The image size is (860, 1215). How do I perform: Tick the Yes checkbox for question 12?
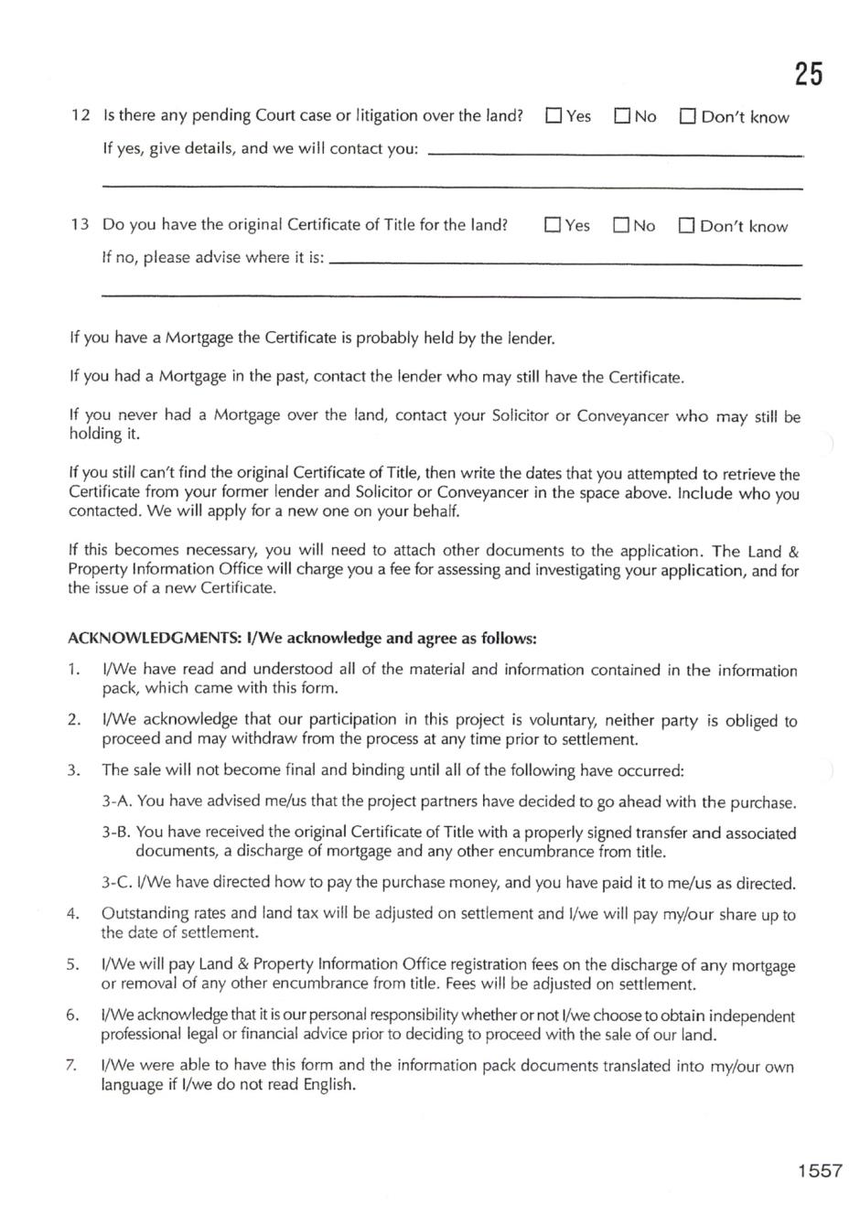coord(554,116)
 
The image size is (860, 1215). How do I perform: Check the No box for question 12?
coord(622,116)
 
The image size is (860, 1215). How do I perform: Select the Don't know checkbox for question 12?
coord(687,116)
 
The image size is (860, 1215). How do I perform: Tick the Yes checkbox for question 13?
coord(553,225)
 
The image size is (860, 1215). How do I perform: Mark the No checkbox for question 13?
coord(621,225)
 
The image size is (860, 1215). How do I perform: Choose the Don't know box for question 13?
coord(686,225)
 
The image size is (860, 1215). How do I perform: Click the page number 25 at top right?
coord(808,73)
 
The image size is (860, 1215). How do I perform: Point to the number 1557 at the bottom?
coord(819,1170)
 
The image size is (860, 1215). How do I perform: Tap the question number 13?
coord(81,225)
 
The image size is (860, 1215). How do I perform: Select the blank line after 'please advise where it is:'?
coord(564,263)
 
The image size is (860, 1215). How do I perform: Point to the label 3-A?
coord(117,802)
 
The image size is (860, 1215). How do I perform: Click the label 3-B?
coord(116,833)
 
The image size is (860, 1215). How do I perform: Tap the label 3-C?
coord(116,884)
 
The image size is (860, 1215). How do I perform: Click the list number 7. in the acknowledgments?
coord(73,1066)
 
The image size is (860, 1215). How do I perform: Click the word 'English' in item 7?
coord(328,1086)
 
